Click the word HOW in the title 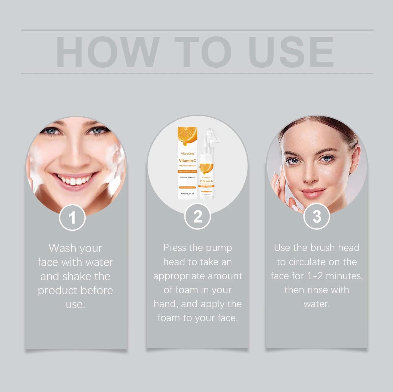(107, 52)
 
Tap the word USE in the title (291, 52)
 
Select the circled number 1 (72, 218)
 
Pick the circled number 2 (198, 217)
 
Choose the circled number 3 (317, 217)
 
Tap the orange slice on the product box (187, 134)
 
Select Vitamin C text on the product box (187, 161)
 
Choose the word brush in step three (323, 248)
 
